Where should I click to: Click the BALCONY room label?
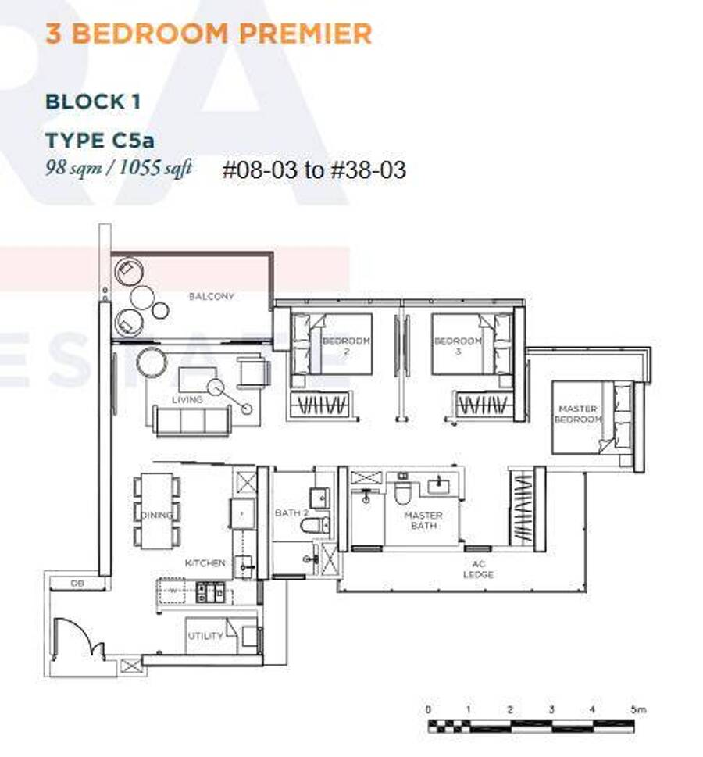pyautogui.click(x=211, y=296)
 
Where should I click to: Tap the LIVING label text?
pyautogui.click(x=187, y=400)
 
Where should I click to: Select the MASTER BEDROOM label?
pyautogui.click(x=577, y=414)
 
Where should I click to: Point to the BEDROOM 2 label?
pyautogui.click(x=346, y=345)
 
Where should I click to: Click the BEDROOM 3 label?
pyautogui.click(x=457, y=345)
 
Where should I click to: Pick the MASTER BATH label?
pyautogui.click(x=423, y=520)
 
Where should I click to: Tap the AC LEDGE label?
pyautogui.click(x=478, y=570)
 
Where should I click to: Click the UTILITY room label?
pyautogui.click(x=205, y=636)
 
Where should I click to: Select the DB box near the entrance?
pyautogui.click(x=78, y=584)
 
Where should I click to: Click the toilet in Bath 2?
pyautogui.click(x=315, y=525)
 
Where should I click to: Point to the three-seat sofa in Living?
pyautogui.click(x=191, y=420)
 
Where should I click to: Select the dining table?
pyautogui.click(x=156, y=511)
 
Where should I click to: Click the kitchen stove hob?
pyautogui.click(x=210, y=593)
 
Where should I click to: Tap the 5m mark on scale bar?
pyautogui.click(x=637, y=710)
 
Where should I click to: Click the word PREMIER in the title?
pyautogui.click(x=305, y=34)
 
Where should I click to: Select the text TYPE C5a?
pyautogui.click(x=100, y=141)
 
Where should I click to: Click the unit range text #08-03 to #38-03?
pyautogui.click(x=314, y=170)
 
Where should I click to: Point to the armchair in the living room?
pyautogui.click(x=253, y=371)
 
